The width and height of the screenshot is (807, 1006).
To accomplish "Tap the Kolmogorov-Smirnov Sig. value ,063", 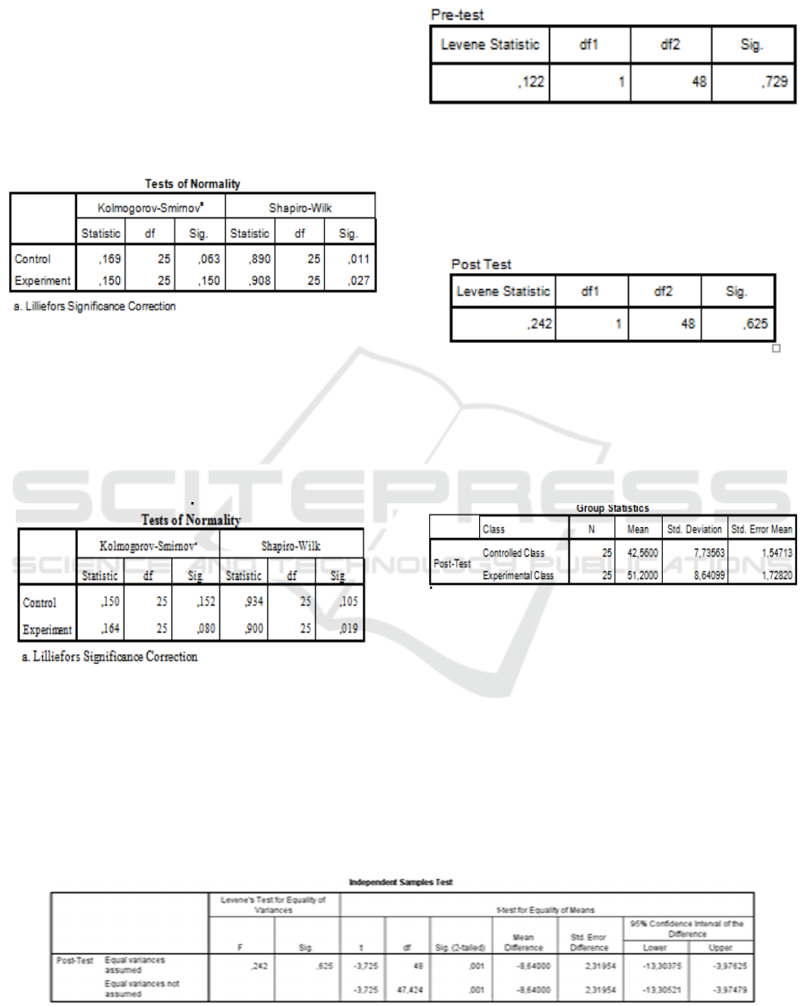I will (x=205, y=260).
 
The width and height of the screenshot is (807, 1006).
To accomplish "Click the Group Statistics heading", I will (x=613, y=508).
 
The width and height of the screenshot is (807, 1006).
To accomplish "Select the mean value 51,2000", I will (x=639, y=575).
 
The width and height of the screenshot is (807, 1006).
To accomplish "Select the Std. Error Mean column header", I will (x=762, y=529).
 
